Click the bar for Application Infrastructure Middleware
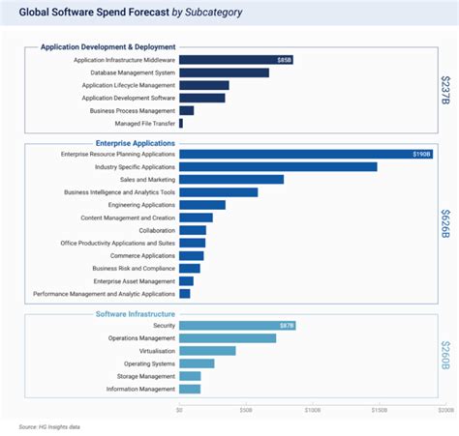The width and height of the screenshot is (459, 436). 235,60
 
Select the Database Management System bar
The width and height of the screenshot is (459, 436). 224,73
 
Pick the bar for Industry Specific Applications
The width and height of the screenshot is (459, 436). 278,166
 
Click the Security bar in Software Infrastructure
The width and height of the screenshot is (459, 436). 236,326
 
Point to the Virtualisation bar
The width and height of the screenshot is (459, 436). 207,351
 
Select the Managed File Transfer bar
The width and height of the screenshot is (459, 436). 181,123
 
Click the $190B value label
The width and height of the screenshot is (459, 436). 421,154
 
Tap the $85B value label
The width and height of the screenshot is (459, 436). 284,60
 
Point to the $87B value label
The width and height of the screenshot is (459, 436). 286,326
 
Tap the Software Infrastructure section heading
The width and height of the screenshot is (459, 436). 136,313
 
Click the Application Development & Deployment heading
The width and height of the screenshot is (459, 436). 107,46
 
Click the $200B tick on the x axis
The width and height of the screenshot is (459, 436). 444,410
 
